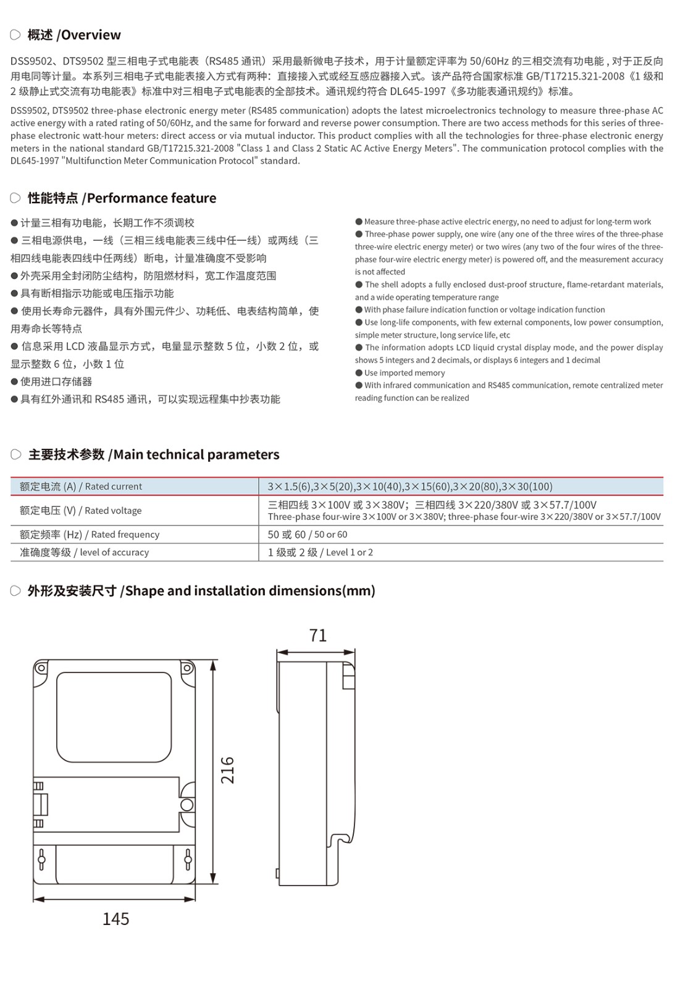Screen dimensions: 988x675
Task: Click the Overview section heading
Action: coord(74,35)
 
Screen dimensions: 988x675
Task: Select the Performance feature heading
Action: coord(122,198)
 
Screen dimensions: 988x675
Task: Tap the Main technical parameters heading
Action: coord(154,455)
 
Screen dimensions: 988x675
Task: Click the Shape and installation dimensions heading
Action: coord(201,591)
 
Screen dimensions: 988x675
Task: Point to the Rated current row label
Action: coord(81,487)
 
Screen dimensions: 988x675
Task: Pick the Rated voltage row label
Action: coord(81,511)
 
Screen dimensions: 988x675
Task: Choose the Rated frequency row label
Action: coord(90,535)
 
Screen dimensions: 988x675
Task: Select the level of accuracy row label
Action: coord(85,553)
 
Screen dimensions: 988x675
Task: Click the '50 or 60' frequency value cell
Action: coord(308,535)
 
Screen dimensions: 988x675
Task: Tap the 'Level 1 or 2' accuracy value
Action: coord(321,553)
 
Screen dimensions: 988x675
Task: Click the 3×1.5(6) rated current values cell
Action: coord(410,487)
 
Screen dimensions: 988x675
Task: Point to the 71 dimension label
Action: coord(317,635)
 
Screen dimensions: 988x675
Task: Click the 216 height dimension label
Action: coord(228,770)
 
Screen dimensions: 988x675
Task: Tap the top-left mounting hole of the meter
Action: coord(41,668)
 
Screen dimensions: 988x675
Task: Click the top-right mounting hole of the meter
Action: coord(187,668)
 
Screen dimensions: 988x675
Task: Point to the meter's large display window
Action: coord(114,717)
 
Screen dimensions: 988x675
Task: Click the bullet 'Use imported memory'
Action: coord(405,373)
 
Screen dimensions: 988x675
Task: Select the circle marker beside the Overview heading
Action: coord(15,35)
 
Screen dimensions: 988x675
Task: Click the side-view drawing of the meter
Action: coord(316,772)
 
